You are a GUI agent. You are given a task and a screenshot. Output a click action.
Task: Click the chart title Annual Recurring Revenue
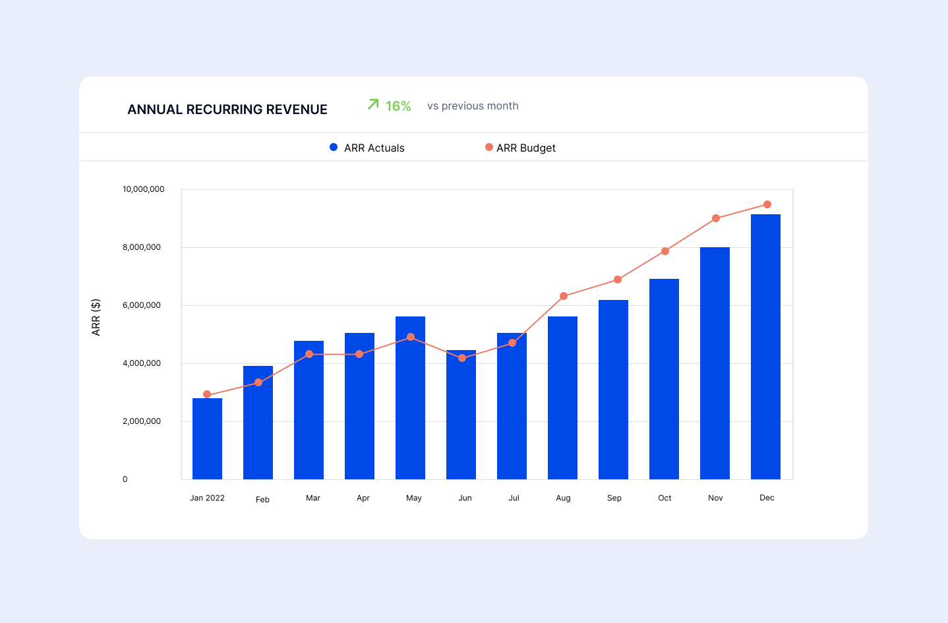click(227, 109)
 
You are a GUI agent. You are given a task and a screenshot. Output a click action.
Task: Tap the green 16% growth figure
click(398, 106)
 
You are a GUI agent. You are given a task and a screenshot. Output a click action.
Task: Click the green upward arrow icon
click(373, 104)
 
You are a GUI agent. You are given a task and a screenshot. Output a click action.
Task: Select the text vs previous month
click(473, 106)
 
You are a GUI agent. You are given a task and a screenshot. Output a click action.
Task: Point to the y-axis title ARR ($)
click(96, 317)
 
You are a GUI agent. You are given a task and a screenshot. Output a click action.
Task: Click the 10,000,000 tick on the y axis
click(143, 189)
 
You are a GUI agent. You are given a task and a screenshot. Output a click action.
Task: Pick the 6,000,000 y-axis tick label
click(141, 305)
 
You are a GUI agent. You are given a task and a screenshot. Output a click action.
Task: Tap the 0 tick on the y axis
click(125, 479)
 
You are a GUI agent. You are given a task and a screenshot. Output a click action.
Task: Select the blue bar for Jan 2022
click(207, 438)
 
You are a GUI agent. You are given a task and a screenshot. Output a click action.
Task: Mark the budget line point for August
click(563, 296)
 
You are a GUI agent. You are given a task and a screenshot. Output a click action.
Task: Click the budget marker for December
click(767, 204)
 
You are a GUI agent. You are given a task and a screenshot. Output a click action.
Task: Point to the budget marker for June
click(462, 358)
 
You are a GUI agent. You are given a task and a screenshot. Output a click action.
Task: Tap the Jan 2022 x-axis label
click(207, 498)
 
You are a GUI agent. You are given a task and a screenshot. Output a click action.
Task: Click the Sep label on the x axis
click(614, 498)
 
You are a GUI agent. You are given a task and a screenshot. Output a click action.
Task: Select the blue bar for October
click(664, 379)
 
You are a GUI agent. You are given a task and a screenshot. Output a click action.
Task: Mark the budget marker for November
click(716, 218)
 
